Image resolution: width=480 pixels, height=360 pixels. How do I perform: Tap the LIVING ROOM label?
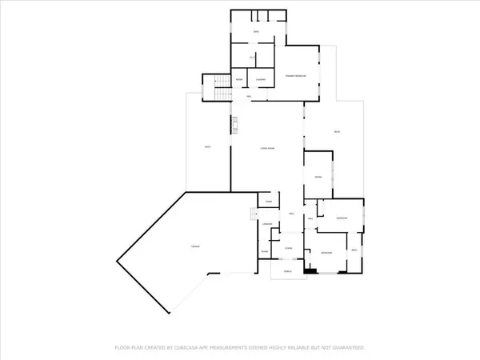[267, 149]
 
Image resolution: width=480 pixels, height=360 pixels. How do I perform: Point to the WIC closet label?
[253, 58]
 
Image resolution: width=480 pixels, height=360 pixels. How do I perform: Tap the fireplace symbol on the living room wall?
[235, 125]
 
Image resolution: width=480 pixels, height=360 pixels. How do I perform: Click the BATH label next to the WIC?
[257, 32]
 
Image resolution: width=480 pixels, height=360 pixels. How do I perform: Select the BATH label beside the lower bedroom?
[354, 251]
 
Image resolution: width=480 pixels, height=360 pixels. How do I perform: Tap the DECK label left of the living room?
[207, 147]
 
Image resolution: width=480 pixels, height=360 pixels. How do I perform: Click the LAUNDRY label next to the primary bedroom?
[261, 80]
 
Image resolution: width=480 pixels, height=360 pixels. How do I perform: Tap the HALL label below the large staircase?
[250, 96]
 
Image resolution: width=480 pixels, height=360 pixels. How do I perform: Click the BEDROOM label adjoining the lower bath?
[326, 253]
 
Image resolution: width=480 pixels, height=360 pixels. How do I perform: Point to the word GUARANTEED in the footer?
[346, 348]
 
